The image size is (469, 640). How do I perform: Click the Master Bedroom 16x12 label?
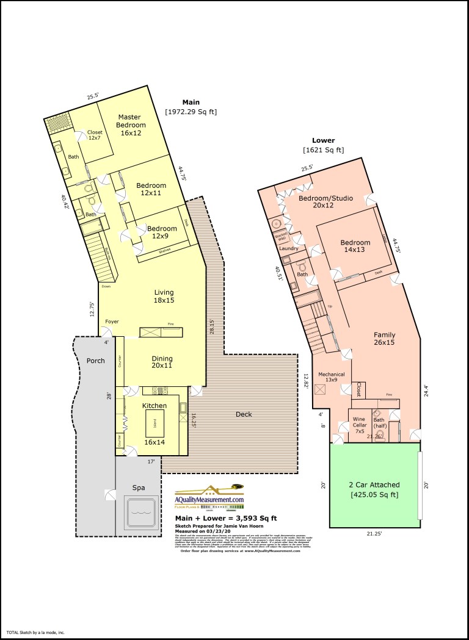[x=129, y=124]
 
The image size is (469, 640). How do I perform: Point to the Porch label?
[x=95, y=361]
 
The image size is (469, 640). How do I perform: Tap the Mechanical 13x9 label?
[x=332, y=377]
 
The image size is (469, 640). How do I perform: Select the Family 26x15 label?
[x=385, y=339]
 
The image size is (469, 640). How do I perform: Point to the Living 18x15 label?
[x=164, y=297]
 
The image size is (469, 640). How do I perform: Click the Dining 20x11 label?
[x=162, y=362]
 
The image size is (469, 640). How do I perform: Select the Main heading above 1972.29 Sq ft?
[x=191, y=102]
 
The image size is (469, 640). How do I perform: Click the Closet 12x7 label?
[x=95, y=135]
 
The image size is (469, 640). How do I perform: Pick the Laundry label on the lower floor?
[x=288, y=248]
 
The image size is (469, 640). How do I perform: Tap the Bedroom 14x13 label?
[x=355, y=246]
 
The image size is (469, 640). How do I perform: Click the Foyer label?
[x=112, y=322]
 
